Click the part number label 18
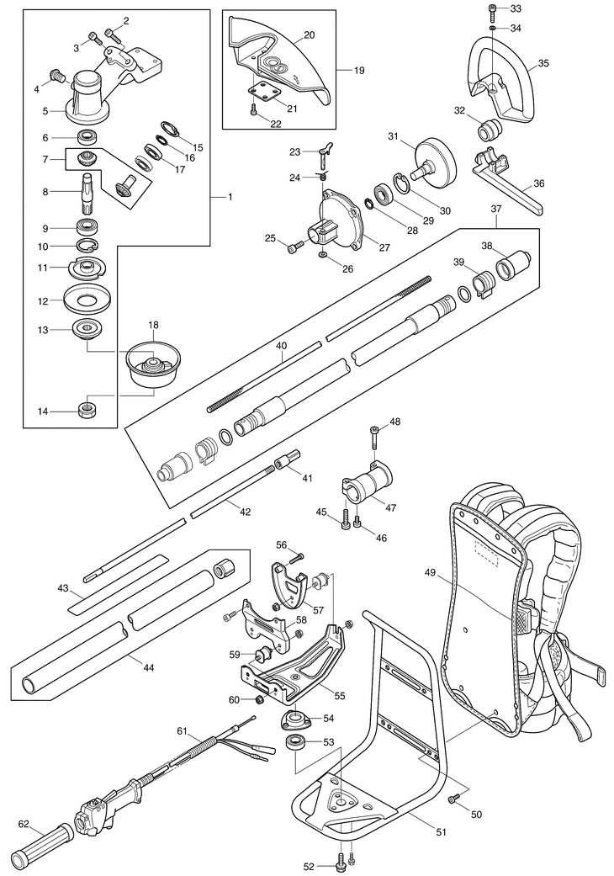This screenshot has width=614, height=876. pos(153,324)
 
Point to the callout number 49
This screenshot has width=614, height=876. pos(430,573)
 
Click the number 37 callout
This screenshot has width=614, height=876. pos(496,209)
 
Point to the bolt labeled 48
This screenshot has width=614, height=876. pos(374,438)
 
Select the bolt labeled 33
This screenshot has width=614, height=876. pos(493,11)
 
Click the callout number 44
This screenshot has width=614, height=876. pos(149,667)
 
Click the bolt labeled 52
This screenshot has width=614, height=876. pos(340,861)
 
